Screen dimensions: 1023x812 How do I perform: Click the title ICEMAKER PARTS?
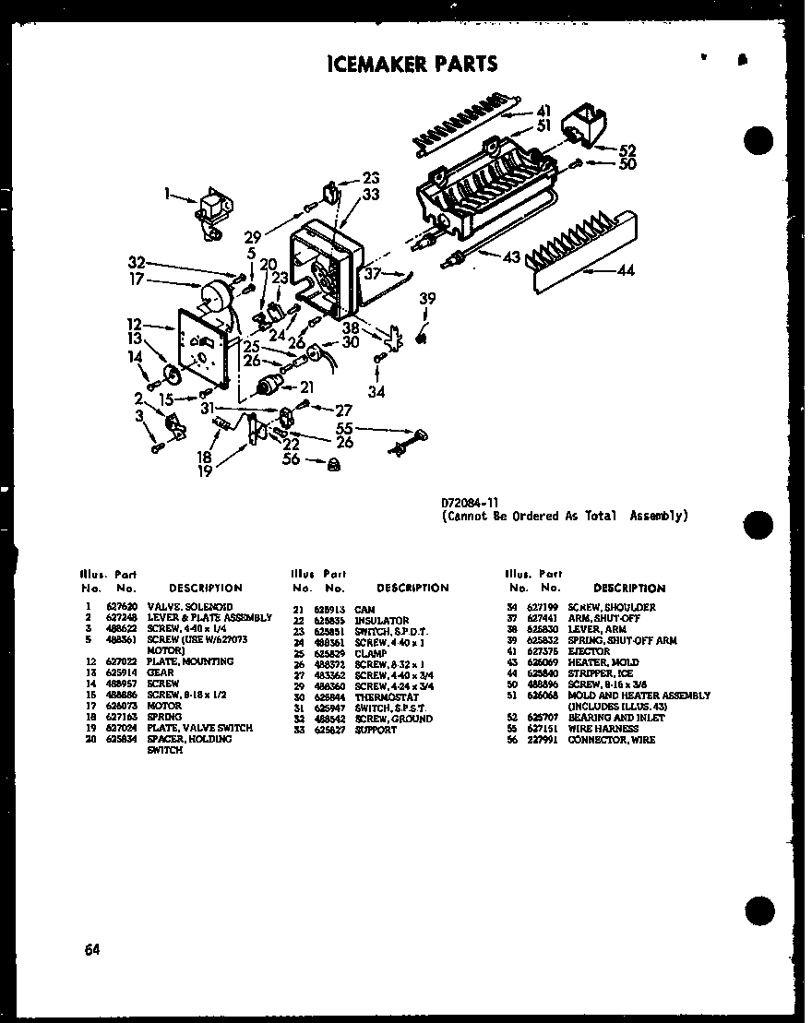click(x=412, y=64)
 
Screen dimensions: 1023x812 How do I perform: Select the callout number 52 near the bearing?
click(x=627, y=149)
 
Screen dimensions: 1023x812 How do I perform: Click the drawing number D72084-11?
click(x=471, y=503)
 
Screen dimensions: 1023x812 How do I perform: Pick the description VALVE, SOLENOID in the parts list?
click(x=181, y=607)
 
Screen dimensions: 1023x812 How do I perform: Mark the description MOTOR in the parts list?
click(x=163, y=706)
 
